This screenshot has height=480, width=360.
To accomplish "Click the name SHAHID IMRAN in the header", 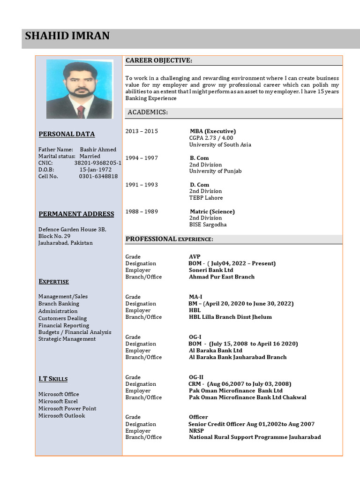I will click(67, 36).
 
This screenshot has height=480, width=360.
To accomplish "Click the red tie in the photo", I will click(81, 112).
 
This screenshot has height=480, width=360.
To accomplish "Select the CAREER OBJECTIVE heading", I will click(158, 60).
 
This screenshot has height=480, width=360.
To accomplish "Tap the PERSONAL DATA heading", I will click(67, 134).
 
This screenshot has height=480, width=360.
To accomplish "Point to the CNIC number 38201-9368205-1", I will click(97, 163).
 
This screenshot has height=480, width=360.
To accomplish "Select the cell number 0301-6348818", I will click(98, 176).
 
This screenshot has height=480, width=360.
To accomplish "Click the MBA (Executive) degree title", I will click(212, 131).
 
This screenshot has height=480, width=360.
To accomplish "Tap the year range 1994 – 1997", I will click(142, 158).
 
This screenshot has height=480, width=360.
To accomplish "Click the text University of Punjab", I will click(215, 171).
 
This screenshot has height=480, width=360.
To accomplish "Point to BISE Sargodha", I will click(208, 225).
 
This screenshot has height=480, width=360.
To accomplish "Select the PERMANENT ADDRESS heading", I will click(76, 214).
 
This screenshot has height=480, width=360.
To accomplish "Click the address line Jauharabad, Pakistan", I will click(66, 243).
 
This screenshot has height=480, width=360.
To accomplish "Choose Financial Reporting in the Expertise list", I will click(64, 325).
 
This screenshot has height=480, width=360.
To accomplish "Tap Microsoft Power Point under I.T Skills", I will click(67, 408).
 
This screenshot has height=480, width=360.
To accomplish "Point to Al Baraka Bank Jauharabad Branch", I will click(238, 357).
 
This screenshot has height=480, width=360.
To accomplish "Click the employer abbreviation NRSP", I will click(197, 431).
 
